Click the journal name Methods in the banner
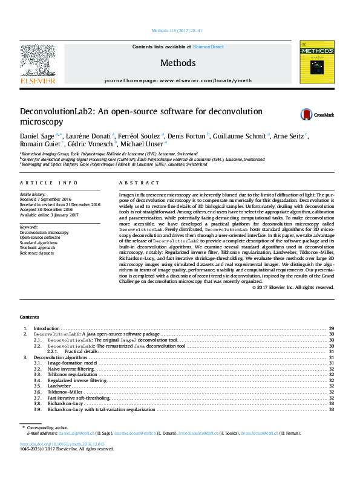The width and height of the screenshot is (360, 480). [178, 63]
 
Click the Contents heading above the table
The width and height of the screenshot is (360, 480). [29, 317]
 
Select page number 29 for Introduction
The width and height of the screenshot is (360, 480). [331, 328]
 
